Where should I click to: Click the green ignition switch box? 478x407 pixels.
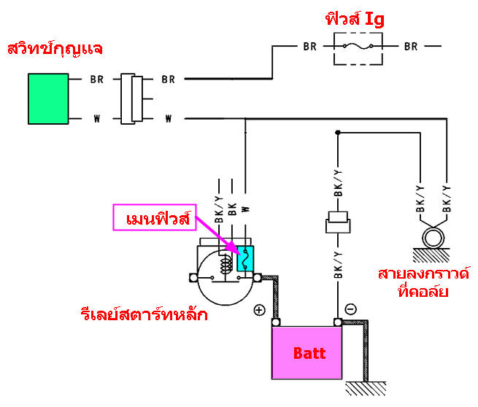[x=48, y=98]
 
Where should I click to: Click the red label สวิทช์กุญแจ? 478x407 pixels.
[x=54, y=50]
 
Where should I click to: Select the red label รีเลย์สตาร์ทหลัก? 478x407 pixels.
[x=144, y=315]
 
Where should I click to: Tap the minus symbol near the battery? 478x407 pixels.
[x=351, y=309]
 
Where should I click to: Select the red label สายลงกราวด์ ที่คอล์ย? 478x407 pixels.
[x=423, y=282]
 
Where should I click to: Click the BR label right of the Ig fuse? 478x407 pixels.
[x=411, y=47]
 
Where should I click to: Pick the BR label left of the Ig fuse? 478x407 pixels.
[x=310, y=47]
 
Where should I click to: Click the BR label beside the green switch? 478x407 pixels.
[x=97, y=79]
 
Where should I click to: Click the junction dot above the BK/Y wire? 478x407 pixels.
[x=337, y=133]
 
